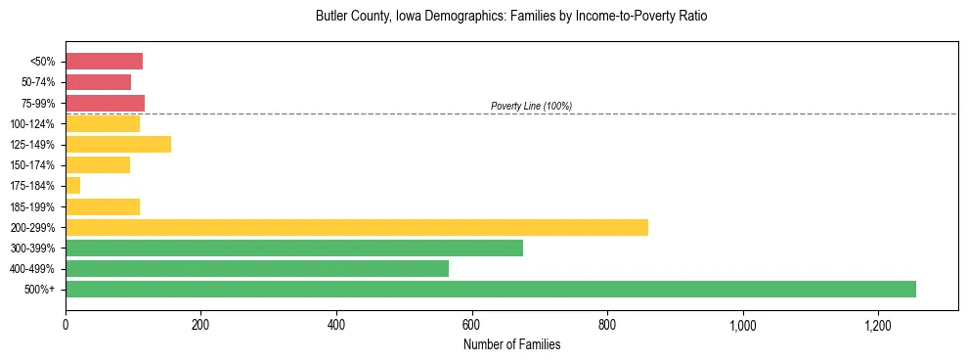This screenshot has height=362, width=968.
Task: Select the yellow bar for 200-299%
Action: [357, 227]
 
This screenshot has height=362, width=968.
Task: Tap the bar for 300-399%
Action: [294, 248]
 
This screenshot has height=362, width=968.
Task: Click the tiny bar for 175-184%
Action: [72, 186]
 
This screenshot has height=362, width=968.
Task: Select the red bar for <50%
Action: [104, 62]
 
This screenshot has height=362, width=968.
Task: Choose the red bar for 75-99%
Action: [105, 103]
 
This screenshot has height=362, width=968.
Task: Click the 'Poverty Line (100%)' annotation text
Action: [531, 106]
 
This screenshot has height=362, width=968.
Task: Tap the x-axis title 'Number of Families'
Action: [511, 344]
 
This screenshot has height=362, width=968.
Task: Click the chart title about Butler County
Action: [511, 17]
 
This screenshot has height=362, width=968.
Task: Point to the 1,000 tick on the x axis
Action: [743, 324]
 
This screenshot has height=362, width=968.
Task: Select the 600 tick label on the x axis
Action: [472, 324]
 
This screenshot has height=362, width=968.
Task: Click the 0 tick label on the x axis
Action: [66, 324]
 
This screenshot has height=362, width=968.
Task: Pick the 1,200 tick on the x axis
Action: [878, 324]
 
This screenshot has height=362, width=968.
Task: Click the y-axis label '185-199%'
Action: [35, 206]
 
